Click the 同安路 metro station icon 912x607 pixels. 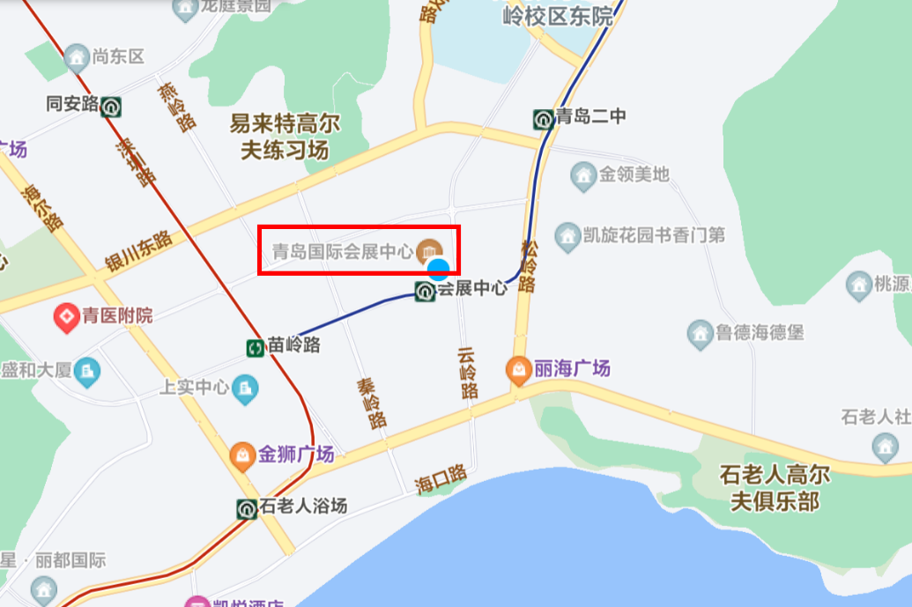[111, 107]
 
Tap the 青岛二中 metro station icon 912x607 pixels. [544, 118]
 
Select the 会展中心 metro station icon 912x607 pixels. [426, 290]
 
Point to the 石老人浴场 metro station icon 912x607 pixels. [247, 508]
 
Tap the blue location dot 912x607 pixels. [438, 270]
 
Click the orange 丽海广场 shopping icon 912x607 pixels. [518, 369]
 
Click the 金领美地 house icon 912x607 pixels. [582, 174]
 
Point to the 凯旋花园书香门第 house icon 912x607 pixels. [567, 235]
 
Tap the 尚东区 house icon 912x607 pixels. [77, 57]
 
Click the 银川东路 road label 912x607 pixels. [138, 253]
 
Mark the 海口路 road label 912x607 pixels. [441, 477]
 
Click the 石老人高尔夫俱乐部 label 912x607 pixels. [775, 488]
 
